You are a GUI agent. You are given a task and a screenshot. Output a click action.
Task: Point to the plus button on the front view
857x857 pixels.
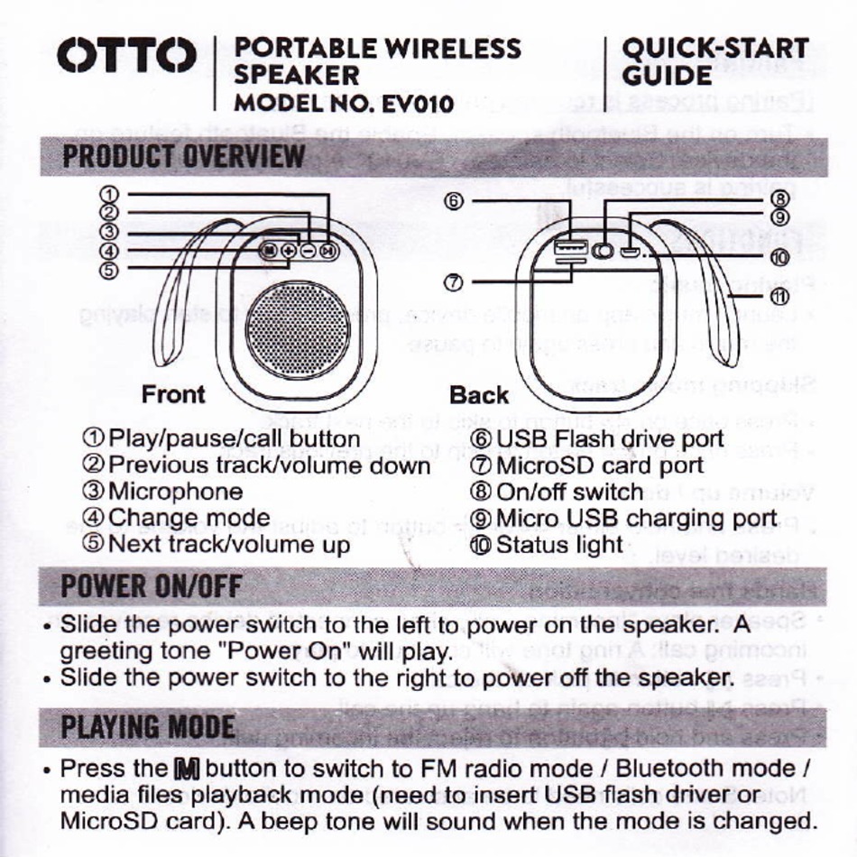288,252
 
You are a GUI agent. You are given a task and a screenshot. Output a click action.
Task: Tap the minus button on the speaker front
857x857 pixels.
309,252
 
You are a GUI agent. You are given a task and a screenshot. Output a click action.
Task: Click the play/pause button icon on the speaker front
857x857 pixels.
329,252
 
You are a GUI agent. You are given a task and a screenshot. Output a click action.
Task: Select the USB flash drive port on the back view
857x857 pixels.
569,247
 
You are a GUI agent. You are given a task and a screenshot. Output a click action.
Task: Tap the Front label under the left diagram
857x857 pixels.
173,395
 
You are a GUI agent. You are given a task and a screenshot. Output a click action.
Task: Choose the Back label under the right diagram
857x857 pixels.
479,395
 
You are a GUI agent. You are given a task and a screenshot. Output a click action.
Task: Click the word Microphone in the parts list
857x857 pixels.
175,492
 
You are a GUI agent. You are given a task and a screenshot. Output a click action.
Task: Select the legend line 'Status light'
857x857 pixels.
559,545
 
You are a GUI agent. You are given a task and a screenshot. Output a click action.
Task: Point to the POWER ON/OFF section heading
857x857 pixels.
151,587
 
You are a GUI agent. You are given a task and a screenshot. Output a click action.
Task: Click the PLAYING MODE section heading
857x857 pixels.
148,727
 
